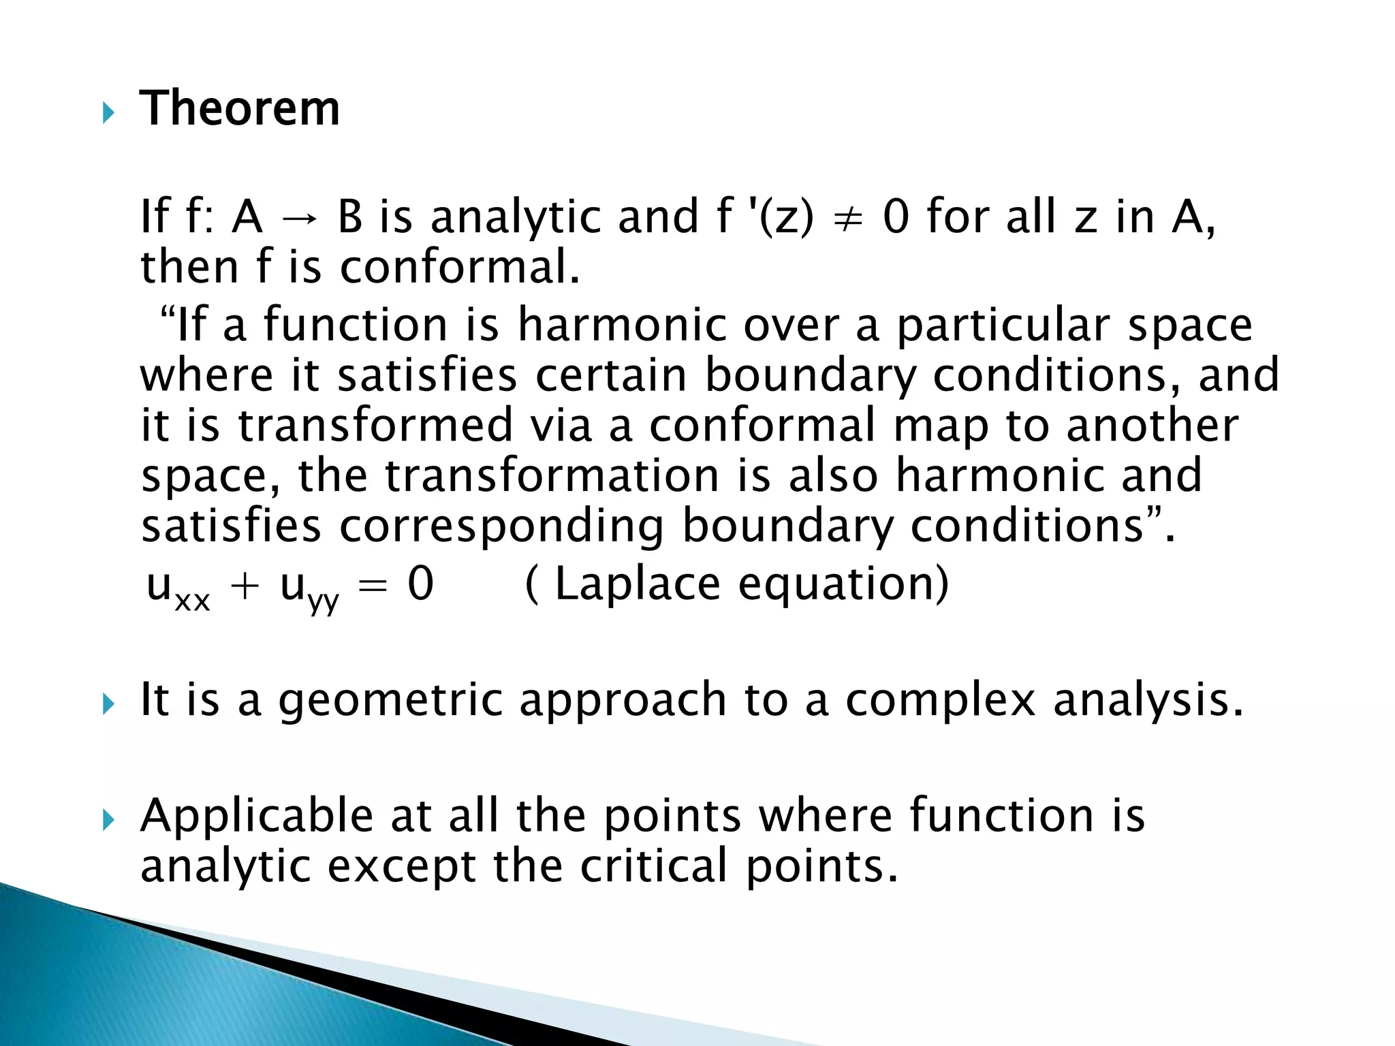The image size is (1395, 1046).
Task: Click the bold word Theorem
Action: (x=240, y=108)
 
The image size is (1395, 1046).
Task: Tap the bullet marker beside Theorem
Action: (x=108, y=113)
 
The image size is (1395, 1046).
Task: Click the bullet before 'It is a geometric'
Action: (x=108, y=704)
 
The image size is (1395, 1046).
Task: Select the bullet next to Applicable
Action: (x=108, y=820)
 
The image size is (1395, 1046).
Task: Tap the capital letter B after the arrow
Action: (x=350, y=217)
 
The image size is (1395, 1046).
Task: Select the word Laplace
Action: (x=638, y=584)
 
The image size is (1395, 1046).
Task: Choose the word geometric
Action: (x=390, y=701)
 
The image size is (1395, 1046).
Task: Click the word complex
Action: (x=941, y=701)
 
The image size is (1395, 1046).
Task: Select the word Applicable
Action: (x=257, y=816)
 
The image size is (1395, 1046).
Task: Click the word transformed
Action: (x=375, y=425)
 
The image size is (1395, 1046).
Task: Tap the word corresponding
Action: (x=501, y=527)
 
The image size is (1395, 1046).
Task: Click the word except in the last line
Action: (x=402, y=867)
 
